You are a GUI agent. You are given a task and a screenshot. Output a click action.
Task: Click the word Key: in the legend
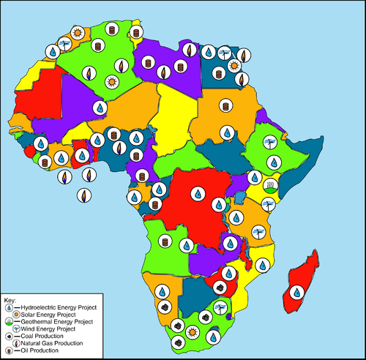pyautogui.click(x=10, y=301)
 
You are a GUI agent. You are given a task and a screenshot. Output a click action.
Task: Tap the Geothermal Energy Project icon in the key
pyautogui.click(x=8, y=322)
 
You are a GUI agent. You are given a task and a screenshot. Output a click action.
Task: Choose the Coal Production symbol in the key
pyautogui.click(x=8, y=336)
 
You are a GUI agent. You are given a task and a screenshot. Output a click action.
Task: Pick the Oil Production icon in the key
pyautogui.click(x=8, y=350)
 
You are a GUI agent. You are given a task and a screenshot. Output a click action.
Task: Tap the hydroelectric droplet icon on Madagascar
pyautogui.click(x=296, y=291)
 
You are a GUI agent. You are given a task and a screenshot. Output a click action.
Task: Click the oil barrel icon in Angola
pyautogui.click(x=165, y=241)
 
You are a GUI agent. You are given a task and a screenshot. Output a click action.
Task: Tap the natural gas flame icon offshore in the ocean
pyautogui.click(x=84, y=195)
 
